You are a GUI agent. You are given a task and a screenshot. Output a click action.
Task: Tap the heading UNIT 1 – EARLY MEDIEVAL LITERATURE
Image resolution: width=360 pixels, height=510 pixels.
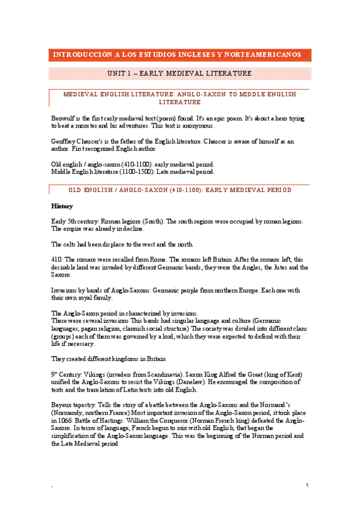pyautogui.click(x=180, y=74)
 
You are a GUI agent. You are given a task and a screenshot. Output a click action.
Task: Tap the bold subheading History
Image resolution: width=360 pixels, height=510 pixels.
pyautogui.click(x=63, y=206)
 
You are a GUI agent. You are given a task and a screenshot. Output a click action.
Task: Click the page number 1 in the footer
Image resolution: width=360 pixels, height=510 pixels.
pyautogui.click(x=307, y=485)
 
